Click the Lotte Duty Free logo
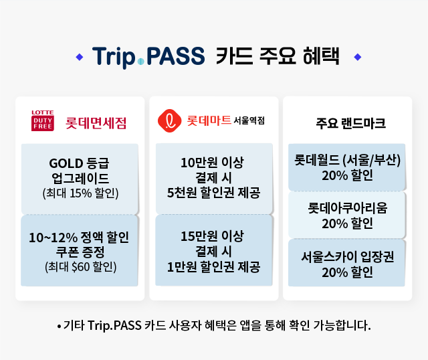point(43,120)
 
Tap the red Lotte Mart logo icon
point(169,120)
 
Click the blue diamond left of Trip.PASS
point(80,57)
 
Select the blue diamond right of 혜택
point(358,57)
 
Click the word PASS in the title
point(175,56)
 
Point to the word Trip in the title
point(114,58)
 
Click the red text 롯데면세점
point(96,123)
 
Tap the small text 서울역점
point(249,120)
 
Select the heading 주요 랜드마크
point(350,123)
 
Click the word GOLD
point(66,164)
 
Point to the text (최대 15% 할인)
point(80,193)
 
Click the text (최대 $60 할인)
point(80,267)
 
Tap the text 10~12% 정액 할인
point(79,238)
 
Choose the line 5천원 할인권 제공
point(214,193)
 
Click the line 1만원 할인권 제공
point(214,266)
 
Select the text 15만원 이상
point(212,236)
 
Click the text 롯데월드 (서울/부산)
point(347,160)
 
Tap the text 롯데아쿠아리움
point(348,208)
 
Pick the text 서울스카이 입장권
point(348,256)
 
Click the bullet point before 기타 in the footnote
point(59,327)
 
